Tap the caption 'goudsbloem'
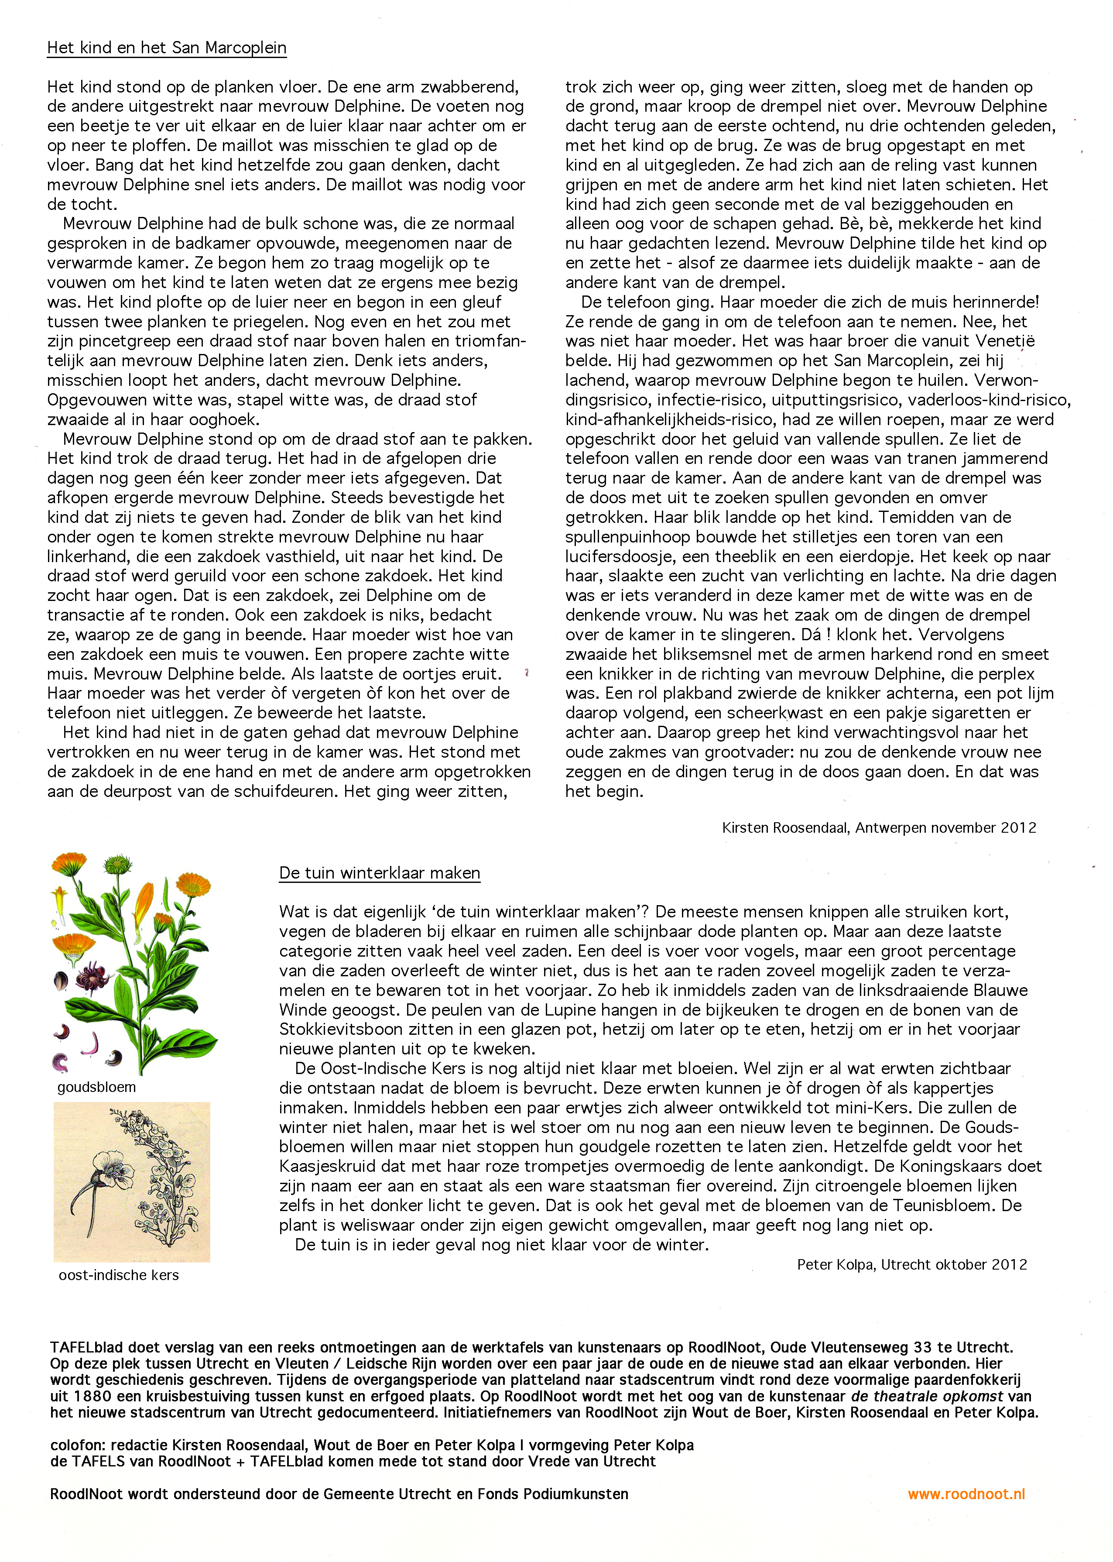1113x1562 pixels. pos(96,1087)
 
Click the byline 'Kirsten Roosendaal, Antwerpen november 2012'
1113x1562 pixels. pos(879,827)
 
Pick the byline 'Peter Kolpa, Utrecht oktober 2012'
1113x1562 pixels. pos(911,1264)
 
